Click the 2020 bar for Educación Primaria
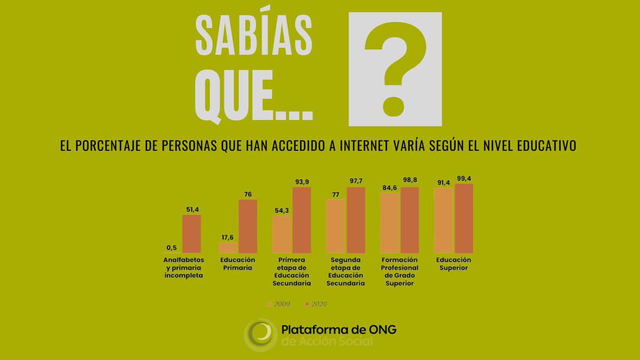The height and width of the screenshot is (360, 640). (247, 226)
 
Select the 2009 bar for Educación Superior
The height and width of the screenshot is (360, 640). (444, 220)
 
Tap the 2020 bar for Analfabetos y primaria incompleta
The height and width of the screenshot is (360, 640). (192, 234)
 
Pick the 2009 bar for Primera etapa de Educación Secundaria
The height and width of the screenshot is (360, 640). (282, 234)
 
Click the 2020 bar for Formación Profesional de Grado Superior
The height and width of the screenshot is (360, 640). (410, 220)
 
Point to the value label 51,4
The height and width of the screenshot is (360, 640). (191, 210)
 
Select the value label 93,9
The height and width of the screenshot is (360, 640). (302, 182)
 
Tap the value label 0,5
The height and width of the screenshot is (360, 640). (172, 247)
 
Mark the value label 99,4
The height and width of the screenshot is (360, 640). (465, 179)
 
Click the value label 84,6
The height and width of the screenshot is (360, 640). (389, 188)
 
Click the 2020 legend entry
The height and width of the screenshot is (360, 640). (316, 304)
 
